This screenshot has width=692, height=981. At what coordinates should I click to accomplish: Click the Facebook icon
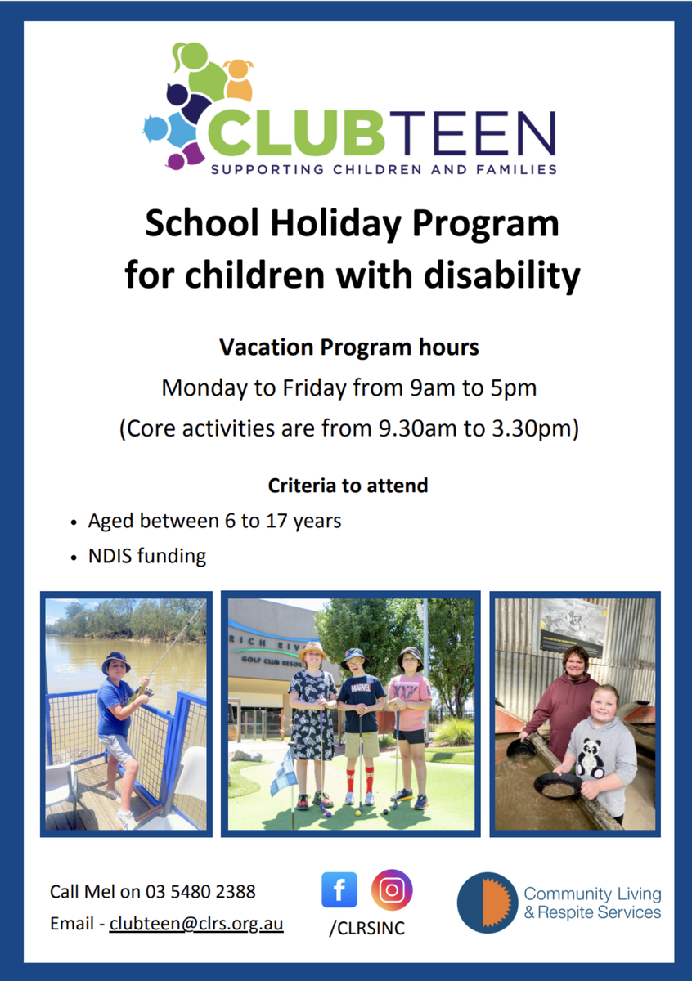click(339, 889)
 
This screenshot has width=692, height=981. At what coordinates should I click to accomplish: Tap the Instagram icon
click(392, 890)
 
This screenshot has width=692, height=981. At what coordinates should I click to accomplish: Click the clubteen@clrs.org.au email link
click(196, 923)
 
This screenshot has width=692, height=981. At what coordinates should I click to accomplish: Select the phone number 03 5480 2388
click(200, 891)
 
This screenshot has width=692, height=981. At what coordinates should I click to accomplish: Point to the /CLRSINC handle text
click(367, 928)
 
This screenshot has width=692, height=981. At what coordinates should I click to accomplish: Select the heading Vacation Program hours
click(349, 347)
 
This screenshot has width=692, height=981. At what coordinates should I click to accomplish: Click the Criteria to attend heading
click(348, 486)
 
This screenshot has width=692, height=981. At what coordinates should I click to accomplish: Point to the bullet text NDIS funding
click(147, 556)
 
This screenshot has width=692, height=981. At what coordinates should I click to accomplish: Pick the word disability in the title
click(502, 275)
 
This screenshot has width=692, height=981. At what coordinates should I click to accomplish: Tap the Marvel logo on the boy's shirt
click(361, 688)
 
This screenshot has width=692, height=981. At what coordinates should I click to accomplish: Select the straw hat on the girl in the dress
click(312, 651)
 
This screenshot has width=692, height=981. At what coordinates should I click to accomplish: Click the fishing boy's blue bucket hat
click(115, 661)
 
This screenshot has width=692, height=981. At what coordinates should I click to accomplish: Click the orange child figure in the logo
click(239, 79)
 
